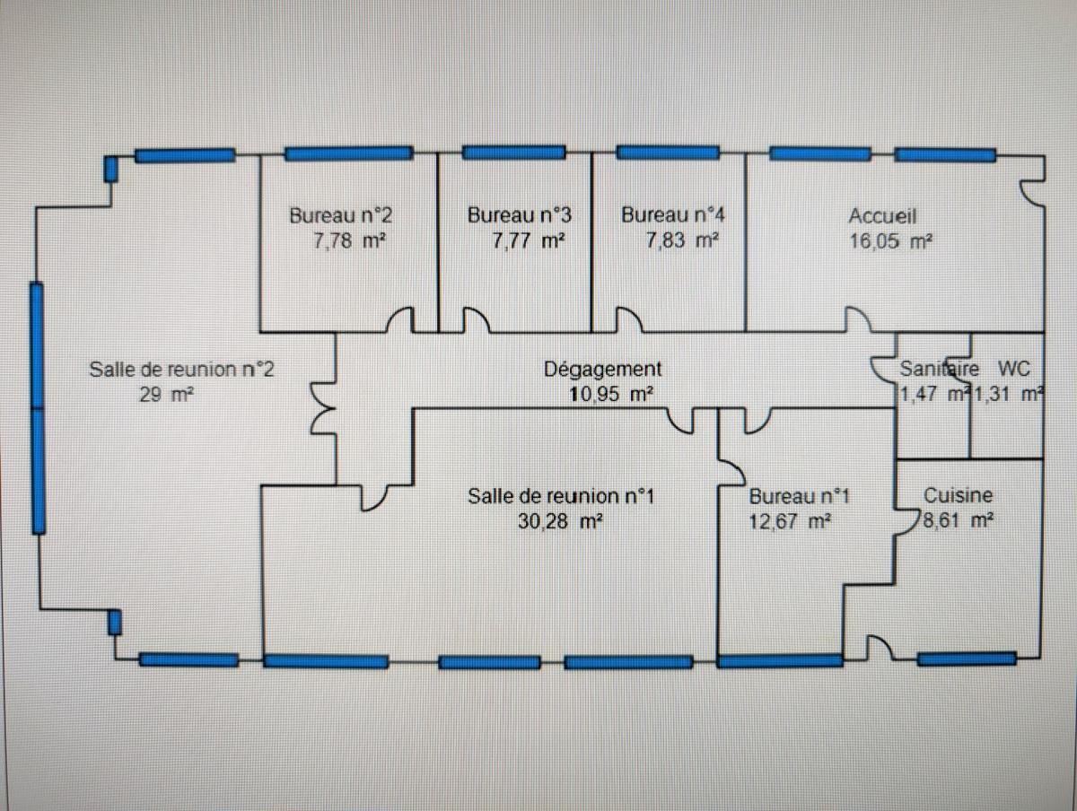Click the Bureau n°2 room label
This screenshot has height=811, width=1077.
[x=340, y=215]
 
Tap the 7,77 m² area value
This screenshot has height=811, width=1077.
[x=529, y=240]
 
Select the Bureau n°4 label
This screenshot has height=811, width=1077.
[x=674, y=215]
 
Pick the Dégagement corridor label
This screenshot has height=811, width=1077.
[x=603, y=368]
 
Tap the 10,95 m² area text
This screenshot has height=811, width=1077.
[x=610, y=393]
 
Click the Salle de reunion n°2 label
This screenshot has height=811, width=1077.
[x=181, y=368]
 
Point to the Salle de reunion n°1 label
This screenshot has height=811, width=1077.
[x=567, y=495]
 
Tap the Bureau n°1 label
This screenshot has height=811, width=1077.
[x=799, y=495]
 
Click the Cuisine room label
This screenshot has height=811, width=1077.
[x=959, y=495]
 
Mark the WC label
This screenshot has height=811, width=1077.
[x=1011, y=368]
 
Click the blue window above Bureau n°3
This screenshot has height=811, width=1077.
[x=513, y=153]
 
